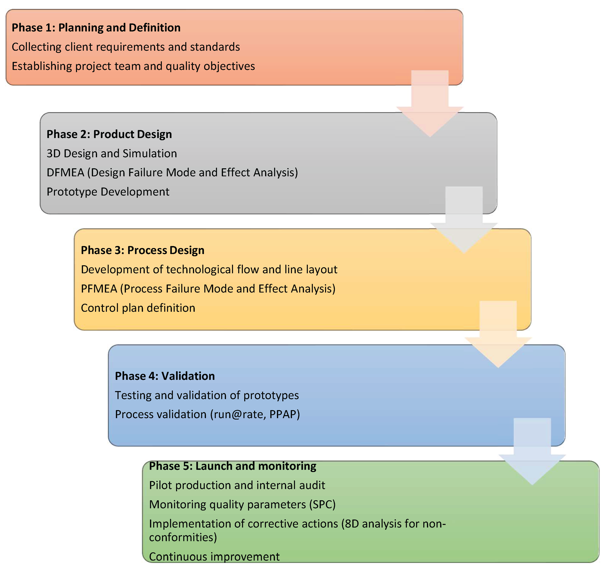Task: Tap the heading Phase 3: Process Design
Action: pos(142,250)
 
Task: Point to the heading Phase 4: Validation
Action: pos(165,376)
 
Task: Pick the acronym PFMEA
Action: pos(99,289)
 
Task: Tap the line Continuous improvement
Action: pos(214,557)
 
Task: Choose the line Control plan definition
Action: pos(138,308)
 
